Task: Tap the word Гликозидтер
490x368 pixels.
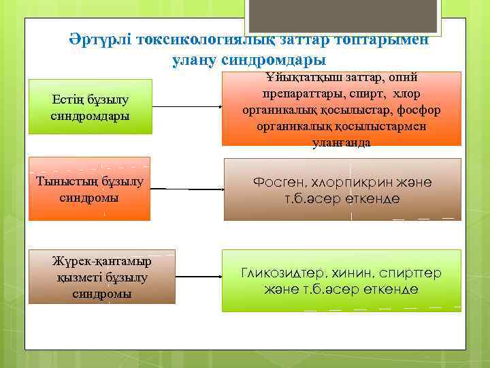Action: (285, 273)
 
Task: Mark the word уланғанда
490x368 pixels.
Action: (341, 142)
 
